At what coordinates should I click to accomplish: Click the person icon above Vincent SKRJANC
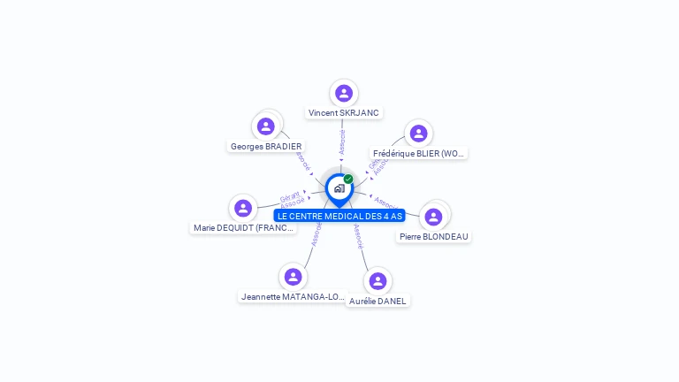[x=344, y=93]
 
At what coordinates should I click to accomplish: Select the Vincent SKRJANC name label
[x=344, y=113]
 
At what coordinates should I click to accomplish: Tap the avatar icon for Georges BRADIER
[x=265, y=126]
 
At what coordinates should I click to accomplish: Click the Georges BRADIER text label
[x=266, y=147]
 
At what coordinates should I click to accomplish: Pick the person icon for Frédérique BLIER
[x=418, y=134]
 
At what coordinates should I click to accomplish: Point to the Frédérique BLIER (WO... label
[x=418, y=154]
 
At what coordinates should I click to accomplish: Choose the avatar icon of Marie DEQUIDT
[x=243, y=208]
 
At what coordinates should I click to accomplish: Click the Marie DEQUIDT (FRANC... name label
[x=244, y=228]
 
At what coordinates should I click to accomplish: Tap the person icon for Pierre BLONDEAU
[x=433, y=217]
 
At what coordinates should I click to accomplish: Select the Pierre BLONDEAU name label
[x=433, y=237]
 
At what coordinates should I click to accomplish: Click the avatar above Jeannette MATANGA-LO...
[x=293, y=277]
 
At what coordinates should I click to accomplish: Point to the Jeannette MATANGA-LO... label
[x=293, y=297]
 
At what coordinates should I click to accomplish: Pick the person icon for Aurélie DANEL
[x=378, y=281]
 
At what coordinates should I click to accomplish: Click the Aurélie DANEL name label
[x=378, y=302]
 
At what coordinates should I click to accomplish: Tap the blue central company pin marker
[x=339, y=188]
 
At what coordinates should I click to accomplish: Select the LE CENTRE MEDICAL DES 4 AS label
[x=339, y=216]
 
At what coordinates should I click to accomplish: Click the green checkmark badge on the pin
[x=348, y=180]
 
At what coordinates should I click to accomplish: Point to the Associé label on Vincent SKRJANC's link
[x=342, y=142]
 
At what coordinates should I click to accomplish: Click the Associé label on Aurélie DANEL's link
[x=358, y=236]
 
